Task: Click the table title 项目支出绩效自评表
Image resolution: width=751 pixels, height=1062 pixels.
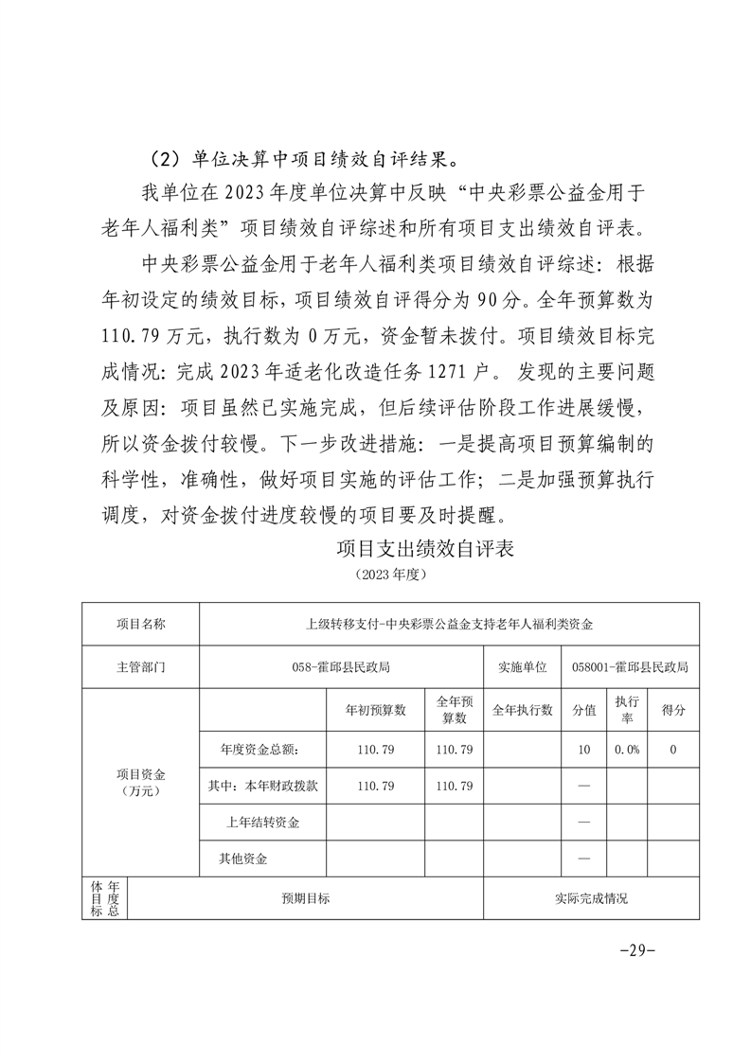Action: tap(425, 549)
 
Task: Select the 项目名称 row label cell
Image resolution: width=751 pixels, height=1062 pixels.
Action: tap(141, 624)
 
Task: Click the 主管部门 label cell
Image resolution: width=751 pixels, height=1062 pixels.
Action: tap(141, 666)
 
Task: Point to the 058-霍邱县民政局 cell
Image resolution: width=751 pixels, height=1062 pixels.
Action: tap(342, 666)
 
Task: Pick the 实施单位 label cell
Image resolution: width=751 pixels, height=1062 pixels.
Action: tap(522, 666)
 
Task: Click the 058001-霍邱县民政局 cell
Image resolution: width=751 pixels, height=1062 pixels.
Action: tap(630, 666)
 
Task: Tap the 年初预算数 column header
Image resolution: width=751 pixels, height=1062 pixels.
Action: tap(374, 710)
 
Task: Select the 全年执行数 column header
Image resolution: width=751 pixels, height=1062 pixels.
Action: tap(522, 710)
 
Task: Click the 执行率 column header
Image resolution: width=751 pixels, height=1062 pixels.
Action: tap(626, 710)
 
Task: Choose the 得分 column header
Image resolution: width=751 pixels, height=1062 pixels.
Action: tap(672, 710)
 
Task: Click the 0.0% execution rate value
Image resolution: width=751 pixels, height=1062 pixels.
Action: tap(626, 750)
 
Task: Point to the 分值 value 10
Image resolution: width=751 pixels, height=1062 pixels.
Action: tap(583, 750)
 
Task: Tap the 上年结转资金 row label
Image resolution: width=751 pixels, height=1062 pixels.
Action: tap(262, 823)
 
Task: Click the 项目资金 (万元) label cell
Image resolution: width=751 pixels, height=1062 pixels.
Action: tap(141, 782)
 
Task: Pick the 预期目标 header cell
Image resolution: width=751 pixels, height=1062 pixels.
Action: tap(305, 898)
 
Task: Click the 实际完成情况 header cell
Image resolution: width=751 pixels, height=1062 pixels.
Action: tap(591, 898)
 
